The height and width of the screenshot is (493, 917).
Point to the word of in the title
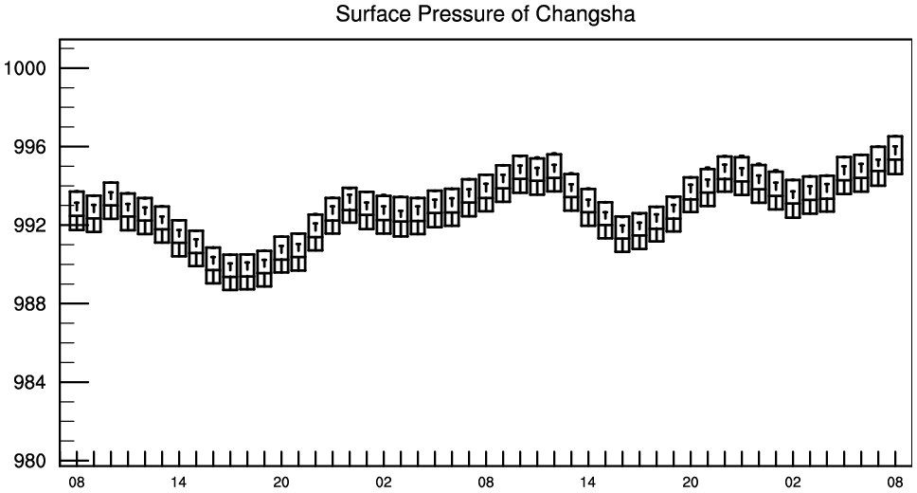[519, 13]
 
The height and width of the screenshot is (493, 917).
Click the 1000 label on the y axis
[25, 68]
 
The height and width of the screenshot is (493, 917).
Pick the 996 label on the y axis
[29, 147]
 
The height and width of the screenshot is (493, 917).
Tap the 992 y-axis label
[29, 226]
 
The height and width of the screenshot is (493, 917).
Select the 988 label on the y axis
[29, 304]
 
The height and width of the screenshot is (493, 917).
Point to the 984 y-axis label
[29, 382]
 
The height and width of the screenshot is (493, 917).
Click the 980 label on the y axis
[29, 461]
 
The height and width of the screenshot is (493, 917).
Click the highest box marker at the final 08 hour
[895, 155]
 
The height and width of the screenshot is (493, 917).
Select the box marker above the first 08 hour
[77, 210]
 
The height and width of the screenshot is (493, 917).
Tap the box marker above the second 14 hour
[588, 208]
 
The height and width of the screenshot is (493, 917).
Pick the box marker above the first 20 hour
[281, 254]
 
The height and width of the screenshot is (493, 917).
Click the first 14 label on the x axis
[179, 483]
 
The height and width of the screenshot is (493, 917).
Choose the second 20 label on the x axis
[691, 483]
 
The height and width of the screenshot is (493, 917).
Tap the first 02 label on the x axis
[384, 483]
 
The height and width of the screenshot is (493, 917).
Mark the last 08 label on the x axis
[895, 483]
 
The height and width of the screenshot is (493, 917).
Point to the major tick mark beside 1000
[74, 68]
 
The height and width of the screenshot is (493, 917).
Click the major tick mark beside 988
[74, 304]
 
